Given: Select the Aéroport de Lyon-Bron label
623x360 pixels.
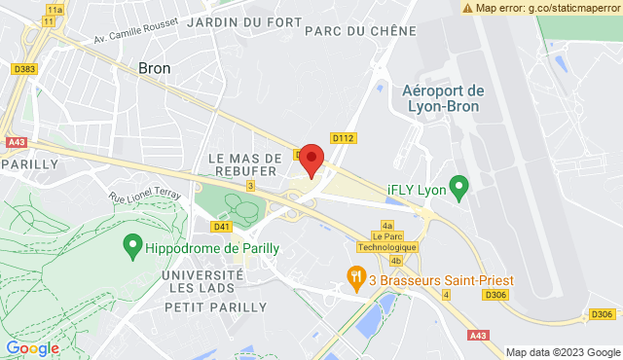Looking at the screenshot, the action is tap(443, 97).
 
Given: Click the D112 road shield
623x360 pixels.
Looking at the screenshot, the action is tap(342, 137).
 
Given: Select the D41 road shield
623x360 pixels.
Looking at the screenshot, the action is tap(222, 226).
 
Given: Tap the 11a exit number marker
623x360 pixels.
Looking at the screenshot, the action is tap(55, 9).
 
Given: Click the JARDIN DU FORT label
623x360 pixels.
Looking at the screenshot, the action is tap(231, 21).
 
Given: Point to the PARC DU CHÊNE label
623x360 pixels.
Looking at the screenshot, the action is tap(348, 30).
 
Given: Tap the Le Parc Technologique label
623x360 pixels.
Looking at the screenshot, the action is tap(394, 241).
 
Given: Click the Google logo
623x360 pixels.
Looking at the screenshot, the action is tap(32, 347).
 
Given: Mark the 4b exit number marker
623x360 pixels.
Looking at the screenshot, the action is tap(395, 261).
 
